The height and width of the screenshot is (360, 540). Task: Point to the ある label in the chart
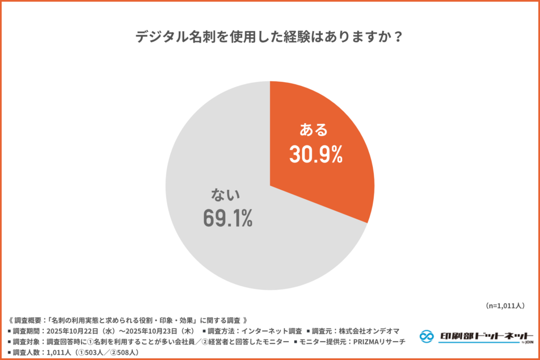click(314, 129)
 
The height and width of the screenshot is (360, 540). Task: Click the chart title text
click(269, 37)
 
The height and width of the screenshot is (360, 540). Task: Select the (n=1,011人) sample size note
click(504, 305)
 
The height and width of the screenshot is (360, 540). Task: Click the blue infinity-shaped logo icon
click(427, 336)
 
